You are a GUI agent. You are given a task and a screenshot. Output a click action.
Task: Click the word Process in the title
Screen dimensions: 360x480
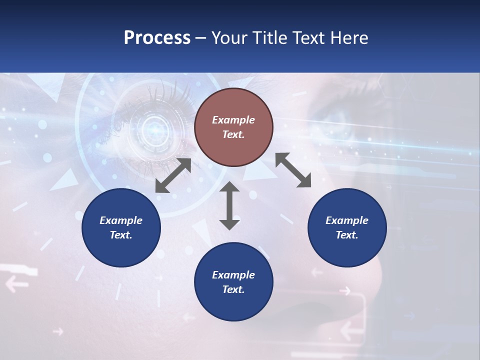(x=157, y=38)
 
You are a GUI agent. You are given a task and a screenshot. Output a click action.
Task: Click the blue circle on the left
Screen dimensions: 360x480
(x=121, y=227)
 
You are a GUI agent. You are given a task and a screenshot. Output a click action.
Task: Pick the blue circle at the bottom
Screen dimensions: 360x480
(x=233, y=282)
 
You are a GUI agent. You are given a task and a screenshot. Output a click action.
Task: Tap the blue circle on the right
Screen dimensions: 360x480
(x=347, y=227)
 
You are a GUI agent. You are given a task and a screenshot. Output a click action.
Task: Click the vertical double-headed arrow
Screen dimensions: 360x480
(x=229, y=205)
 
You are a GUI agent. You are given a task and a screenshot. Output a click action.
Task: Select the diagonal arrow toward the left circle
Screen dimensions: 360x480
(x=173, y=175)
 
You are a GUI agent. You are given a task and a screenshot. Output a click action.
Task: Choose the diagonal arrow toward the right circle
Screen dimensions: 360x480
(x=293, y=170)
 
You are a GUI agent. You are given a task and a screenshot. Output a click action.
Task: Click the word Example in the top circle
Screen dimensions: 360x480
(x=233, y=120)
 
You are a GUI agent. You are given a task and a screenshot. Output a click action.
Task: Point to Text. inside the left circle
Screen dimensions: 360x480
(x=121, y=235)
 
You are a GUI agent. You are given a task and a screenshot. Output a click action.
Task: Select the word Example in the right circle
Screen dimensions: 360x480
(x=347, y=220)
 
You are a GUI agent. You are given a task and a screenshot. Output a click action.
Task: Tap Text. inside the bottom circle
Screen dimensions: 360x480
(x=233, y=289)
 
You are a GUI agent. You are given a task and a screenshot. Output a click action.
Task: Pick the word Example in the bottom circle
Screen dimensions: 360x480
(x=233, y=275)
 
